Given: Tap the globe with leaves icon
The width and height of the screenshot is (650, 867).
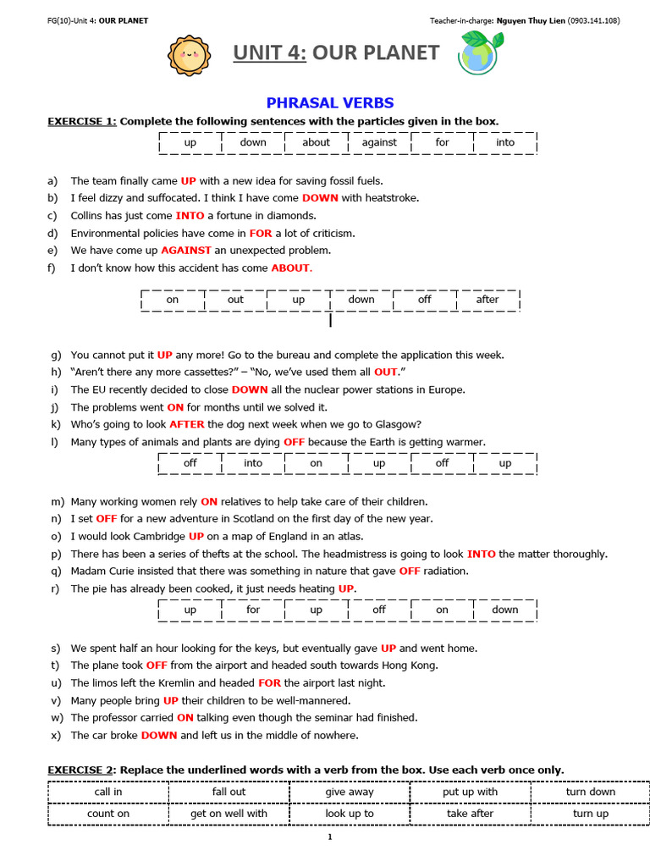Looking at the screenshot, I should click(x=479, y=53).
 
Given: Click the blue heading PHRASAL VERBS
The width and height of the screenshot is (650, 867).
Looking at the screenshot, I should click(x=330, y=103).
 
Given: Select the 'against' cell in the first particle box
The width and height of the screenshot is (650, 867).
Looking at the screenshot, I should click(x=379, y=142).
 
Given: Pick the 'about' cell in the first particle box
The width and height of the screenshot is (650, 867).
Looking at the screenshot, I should click(x=316, y=142).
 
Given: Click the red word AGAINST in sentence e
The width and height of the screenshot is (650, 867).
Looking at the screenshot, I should click(x=186, y=251).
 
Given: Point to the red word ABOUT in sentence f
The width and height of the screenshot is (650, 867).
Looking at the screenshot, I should click(x=291, y=268).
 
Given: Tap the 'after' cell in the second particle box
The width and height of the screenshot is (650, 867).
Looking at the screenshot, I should click(x=487, y=300).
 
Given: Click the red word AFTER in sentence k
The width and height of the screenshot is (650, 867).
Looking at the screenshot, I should click(x=186, y=424).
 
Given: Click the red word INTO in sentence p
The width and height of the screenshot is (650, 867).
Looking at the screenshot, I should click(x=481, y=554).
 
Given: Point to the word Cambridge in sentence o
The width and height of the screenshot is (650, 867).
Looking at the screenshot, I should click(x=157, y=536).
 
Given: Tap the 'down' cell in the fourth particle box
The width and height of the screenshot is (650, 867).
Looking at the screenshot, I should click(x=505, y=610).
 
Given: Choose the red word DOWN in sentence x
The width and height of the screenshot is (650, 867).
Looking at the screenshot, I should click(x=159, y=735).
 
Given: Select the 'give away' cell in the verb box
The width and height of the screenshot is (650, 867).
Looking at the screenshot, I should click(x=350, y=792).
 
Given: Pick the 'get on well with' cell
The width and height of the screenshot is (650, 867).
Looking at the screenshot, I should click(x=229, y=814).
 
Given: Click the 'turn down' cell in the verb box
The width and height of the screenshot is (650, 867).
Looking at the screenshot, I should click(x=590, y=792).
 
